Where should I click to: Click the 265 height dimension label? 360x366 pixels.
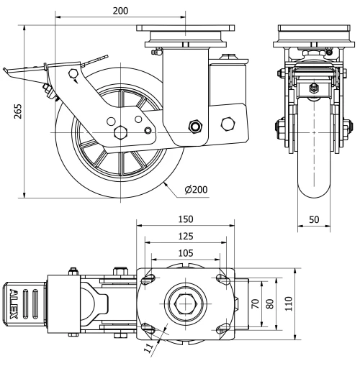[18, 111]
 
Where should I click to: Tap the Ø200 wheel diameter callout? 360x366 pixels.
[196, 190]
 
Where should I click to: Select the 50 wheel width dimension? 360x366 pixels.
[314, 219]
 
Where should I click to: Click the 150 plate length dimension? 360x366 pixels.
[186, 219]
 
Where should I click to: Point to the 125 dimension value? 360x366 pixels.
[186, 237]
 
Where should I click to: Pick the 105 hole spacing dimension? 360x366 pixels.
[186, 253]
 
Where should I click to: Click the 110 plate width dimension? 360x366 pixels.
[289, 303]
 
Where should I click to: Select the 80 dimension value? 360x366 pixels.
[270, 304]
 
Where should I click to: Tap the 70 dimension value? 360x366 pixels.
[256, 304]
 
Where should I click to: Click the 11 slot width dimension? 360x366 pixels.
[149, 348]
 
